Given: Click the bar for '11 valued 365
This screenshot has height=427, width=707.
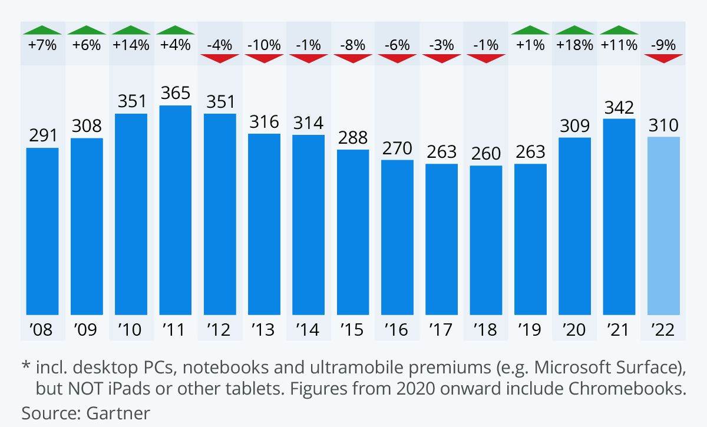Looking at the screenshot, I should tap(175, 210).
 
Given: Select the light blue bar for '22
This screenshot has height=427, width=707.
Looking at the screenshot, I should tap(663, 226).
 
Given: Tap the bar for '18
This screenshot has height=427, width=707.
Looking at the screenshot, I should tap(486, 240).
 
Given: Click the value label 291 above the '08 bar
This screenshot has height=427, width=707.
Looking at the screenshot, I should tap(42, 135).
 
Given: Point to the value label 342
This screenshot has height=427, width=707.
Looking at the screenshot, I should tap(619, 107).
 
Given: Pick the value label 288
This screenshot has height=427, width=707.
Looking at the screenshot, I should tap(353, 138).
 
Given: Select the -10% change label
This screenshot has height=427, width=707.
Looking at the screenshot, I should tap(264, 45).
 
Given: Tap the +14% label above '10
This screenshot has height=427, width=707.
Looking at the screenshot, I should tap(131, 45).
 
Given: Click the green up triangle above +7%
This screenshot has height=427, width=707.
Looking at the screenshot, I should tap(42, 30).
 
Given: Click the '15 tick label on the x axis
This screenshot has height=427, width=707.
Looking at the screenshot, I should tap(353, 329).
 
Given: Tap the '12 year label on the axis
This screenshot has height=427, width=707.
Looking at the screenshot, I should tap(220, 329).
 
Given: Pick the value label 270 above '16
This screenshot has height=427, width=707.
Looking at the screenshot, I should tap(397, 148).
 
